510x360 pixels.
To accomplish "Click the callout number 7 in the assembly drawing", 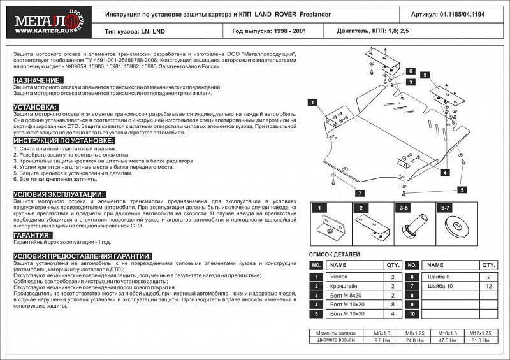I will coord(359,192).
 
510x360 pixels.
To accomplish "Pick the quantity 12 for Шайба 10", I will coord(488,286).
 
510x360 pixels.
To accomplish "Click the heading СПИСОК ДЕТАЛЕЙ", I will coord(334,253).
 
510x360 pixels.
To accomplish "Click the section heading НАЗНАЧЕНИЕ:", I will coord(38,80).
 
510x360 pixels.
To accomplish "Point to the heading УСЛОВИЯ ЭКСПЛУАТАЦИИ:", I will coord(59,193).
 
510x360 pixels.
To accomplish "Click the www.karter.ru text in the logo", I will coord(30,27).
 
